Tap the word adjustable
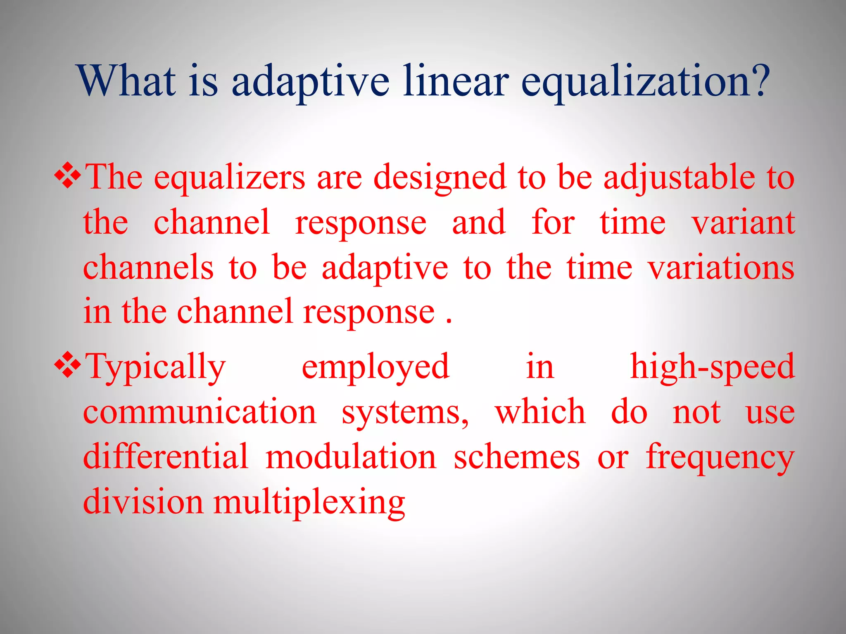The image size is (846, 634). pos(679,177)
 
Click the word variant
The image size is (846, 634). pos(743,223)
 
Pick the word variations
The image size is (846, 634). pos(721,268)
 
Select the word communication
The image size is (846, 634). pos(200,412)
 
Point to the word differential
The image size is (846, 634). pos(166,457)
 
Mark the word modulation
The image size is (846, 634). pos(351,457)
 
